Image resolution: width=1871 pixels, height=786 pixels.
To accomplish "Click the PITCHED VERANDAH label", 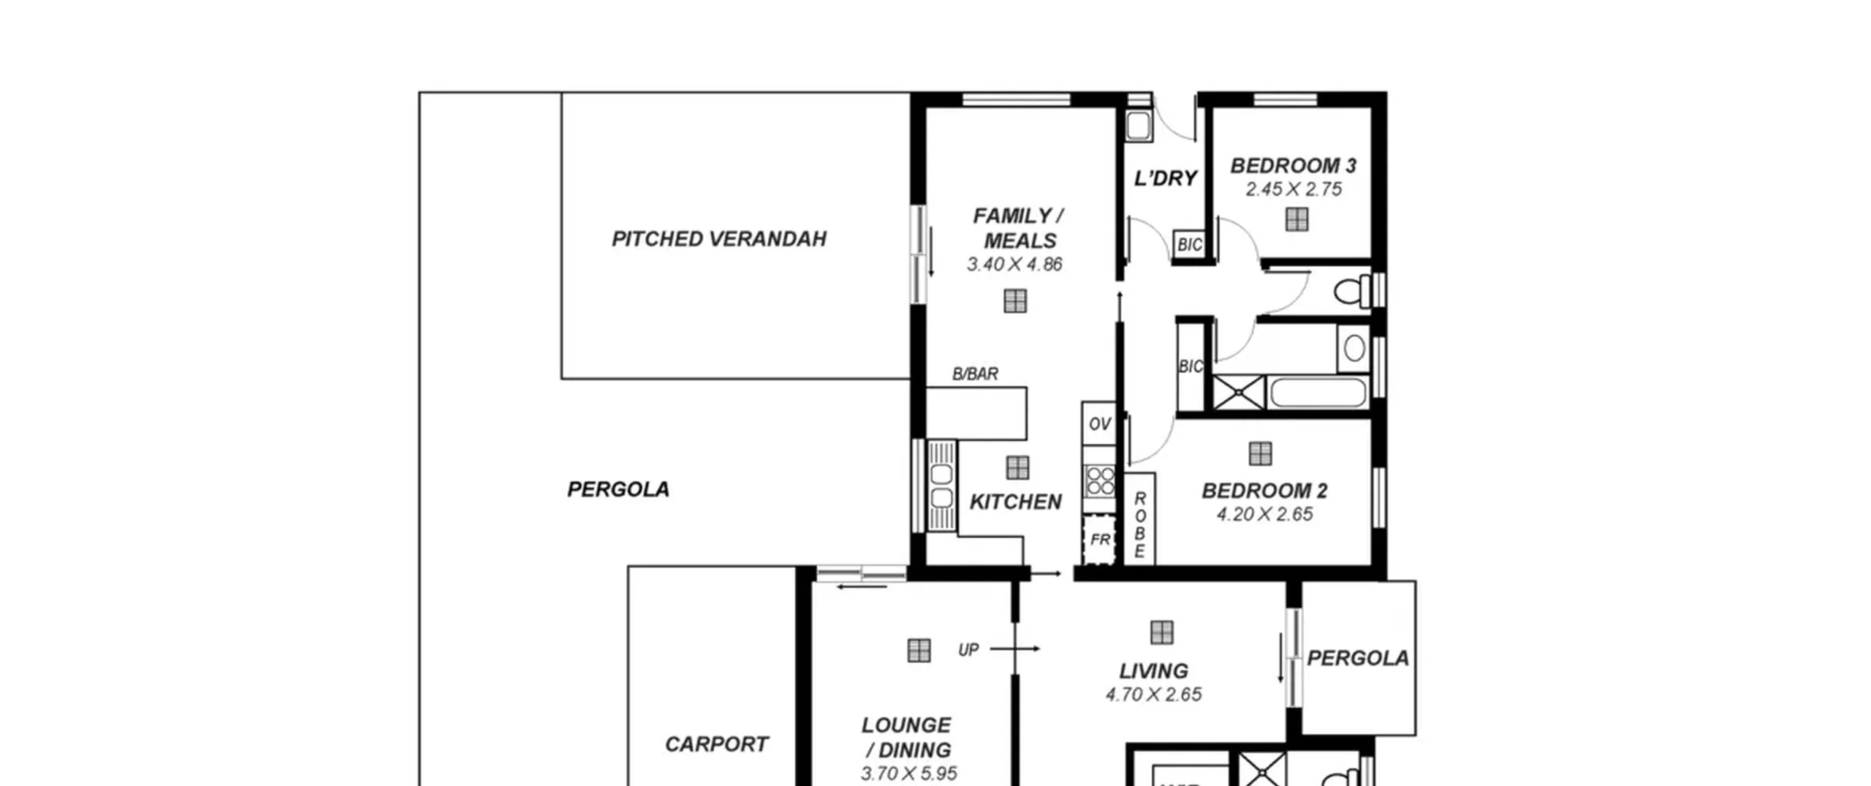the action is pos(718,239).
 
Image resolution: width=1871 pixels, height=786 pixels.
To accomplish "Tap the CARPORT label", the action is pos(716,744).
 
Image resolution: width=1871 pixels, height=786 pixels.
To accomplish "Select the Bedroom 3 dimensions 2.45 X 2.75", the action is pos(1294,189).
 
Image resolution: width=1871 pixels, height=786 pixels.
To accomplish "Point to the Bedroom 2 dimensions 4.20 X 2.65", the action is pos(1264,514).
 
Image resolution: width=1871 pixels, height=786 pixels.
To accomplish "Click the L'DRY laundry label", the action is pos(1165,178).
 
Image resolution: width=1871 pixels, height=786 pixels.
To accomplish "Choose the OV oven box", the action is pos(1099,423).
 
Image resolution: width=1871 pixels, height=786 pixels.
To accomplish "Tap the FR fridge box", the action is pos(1099,540).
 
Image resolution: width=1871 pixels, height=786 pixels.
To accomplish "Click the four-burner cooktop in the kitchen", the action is pos(1099,481).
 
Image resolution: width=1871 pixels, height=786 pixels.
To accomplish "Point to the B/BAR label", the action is pos(975,374).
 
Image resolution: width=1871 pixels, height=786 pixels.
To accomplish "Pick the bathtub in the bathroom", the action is pos(1318,393).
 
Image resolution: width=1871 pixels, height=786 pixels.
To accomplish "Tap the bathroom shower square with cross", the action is pos(1239,393).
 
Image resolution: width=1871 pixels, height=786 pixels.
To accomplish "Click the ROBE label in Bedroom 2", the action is pos(1139,524).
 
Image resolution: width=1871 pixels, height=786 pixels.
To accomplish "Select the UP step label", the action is pos(968,649).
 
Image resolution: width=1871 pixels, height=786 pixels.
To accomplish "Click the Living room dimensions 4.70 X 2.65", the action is pos(1153,694).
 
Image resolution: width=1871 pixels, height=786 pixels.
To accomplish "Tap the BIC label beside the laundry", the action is pos(1190,245).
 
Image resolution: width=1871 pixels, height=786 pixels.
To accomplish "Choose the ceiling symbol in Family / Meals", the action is pos(1015,301).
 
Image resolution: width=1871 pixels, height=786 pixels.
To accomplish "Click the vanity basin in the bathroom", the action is pos(1354,348).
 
